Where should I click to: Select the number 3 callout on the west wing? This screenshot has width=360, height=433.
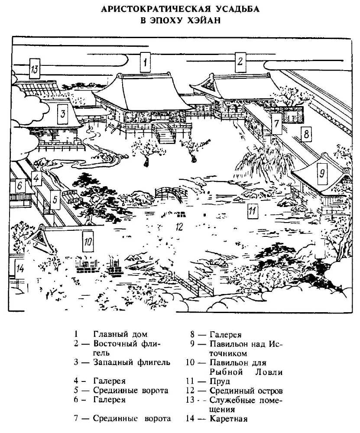(x=63, y=114)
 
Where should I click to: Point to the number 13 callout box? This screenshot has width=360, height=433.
(x=35, y=69)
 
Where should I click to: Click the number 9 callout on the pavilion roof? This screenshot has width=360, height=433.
(x=321, y=173)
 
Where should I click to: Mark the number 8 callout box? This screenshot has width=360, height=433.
(x=306, y=134)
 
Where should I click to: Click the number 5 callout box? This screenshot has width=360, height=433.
(x=54, y=200)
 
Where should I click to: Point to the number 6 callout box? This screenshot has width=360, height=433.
(x=19, y=185)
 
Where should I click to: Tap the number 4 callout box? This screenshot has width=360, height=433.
(x=36, y=178)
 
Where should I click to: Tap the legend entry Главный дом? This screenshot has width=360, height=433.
(x=120, y=334)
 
